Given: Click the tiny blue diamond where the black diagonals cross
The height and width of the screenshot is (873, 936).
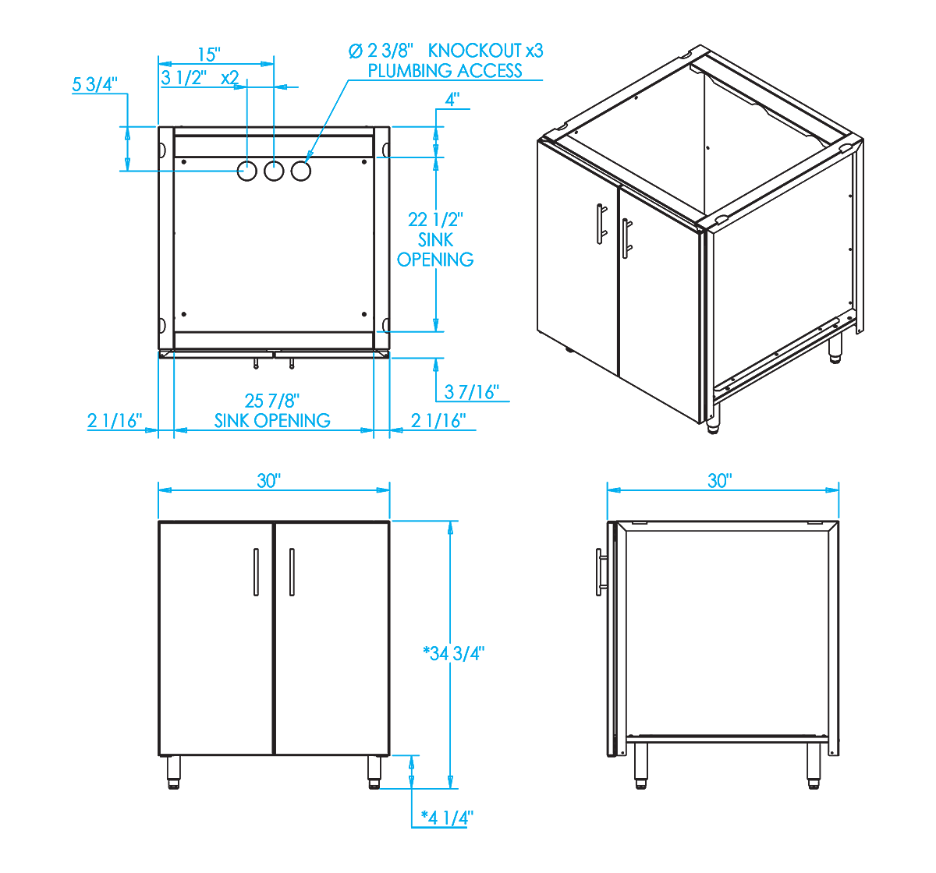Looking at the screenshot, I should click(x=165, y=170).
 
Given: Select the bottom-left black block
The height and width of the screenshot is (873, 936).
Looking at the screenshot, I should click(x=234, y=655).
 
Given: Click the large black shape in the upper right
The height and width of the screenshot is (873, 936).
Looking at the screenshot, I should click(x=679, y=234).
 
